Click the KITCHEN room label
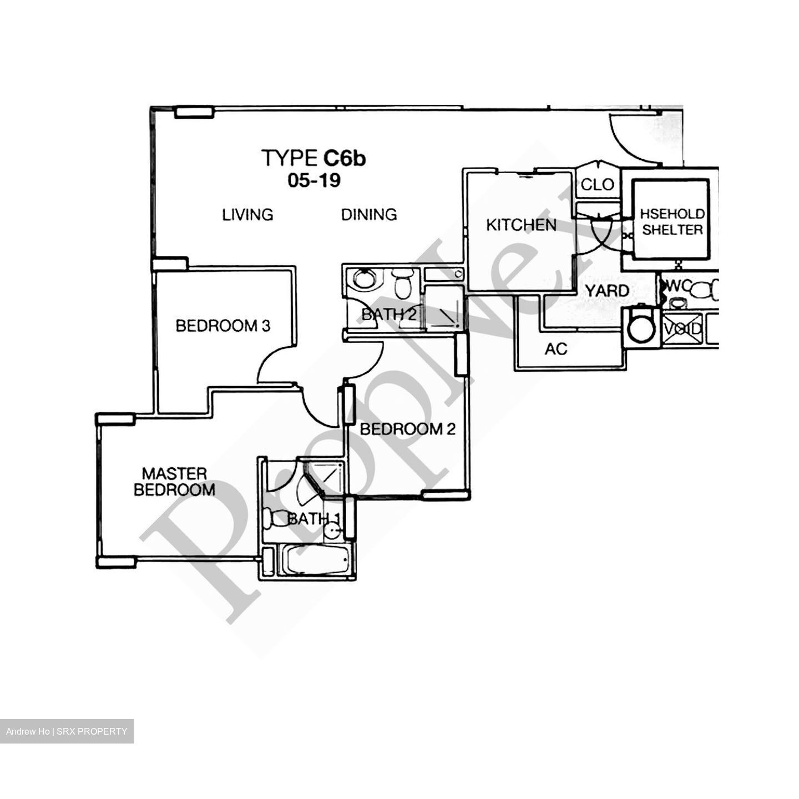click(x=521, y=225)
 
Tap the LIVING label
click(x=247, y=214)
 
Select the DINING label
click(x=369, y=214)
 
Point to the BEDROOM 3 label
click(x=222, y=326)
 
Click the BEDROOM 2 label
click(x=408, y=429)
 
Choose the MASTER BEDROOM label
click(x=174, y=482)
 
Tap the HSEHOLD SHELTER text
click(x=672, y=222)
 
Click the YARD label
click(x=608, y=291)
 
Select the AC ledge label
click(x=556, y=349)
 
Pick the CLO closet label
click(x=597, y=185)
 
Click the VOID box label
click(x=683, y=330)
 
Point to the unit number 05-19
click(x=314, y=180)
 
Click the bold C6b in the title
click(x=345, y=159)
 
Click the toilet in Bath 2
click(x=401, y=284)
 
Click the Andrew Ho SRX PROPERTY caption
click(x=67, y=731)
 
